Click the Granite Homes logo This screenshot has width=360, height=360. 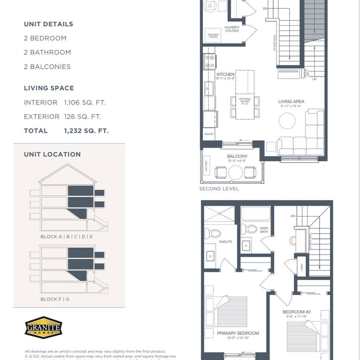[43, 327]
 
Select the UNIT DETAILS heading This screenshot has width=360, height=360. [48, 24]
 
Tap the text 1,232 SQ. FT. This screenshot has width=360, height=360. [86, 131]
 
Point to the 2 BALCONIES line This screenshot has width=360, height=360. [47, 67]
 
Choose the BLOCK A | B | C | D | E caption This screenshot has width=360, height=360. [67, 237]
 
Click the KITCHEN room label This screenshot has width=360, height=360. [225, 75]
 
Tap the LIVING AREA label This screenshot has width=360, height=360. [291, 101]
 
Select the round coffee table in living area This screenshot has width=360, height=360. [287, 121]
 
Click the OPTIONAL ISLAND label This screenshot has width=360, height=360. [245, 100]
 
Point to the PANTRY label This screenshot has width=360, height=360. [209, 134]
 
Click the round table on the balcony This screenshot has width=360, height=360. [235, 172]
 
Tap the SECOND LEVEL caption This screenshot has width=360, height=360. [219, 189]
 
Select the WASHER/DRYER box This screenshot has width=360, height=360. [213, 35]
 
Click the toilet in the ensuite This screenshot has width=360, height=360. [213, 233]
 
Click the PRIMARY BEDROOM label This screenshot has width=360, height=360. [238, 333]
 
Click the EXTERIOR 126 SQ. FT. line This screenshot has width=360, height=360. [62, 117]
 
